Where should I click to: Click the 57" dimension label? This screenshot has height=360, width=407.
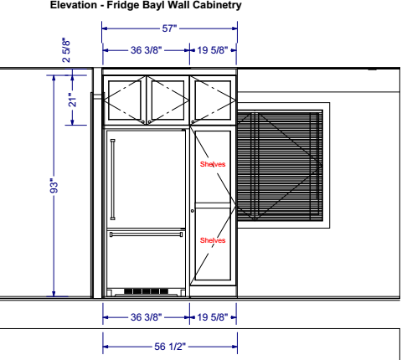pyautogui.click(x=169, y=28)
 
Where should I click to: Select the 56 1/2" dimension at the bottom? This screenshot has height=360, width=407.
pyautogui.click(x=170, y=347)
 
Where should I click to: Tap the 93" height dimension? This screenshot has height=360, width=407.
pyautogui.click(x=54, y=186)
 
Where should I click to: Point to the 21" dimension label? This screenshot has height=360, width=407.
pyautogui.click(x=72, y=100)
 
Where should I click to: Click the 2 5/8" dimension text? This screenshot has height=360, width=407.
pyautogui.click(x=66, y=50)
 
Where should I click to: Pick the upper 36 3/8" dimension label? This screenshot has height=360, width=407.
pyautogui.click(x=146, y=50)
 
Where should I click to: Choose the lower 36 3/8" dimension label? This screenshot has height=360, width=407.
pyautogui.click(x=146, y=317)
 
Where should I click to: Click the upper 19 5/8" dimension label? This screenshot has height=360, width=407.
pyautogui.click(x=213, y=50)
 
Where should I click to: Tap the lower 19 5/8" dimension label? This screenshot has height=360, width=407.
pyautogui.click(x=213, y=317)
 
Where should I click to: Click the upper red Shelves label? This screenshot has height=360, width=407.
pyautogui.click(x=213, y=164)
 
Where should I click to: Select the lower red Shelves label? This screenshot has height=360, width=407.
pyautogui.click(x=213, y=240)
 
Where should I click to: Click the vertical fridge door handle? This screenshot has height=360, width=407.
pyautogui.click(x=113, y=179)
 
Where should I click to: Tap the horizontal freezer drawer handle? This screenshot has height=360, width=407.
pyautogui.click(x=146, y=234)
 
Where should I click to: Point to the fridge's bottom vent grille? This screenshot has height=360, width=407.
pyautogui.click(x=146, y=291)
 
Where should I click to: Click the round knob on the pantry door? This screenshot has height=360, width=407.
pyautogui.click(x=193, y=211)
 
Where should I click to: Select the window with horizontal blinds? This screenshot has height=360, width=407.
pyautogui.click(x=280, y=166)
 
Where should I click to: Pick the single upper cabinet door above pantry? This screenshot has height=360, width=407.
pyautogui.click(x=213, y=100)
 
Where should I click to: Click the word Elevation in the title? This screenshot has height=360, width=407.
pyautogui.click(x=74, y=5)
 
